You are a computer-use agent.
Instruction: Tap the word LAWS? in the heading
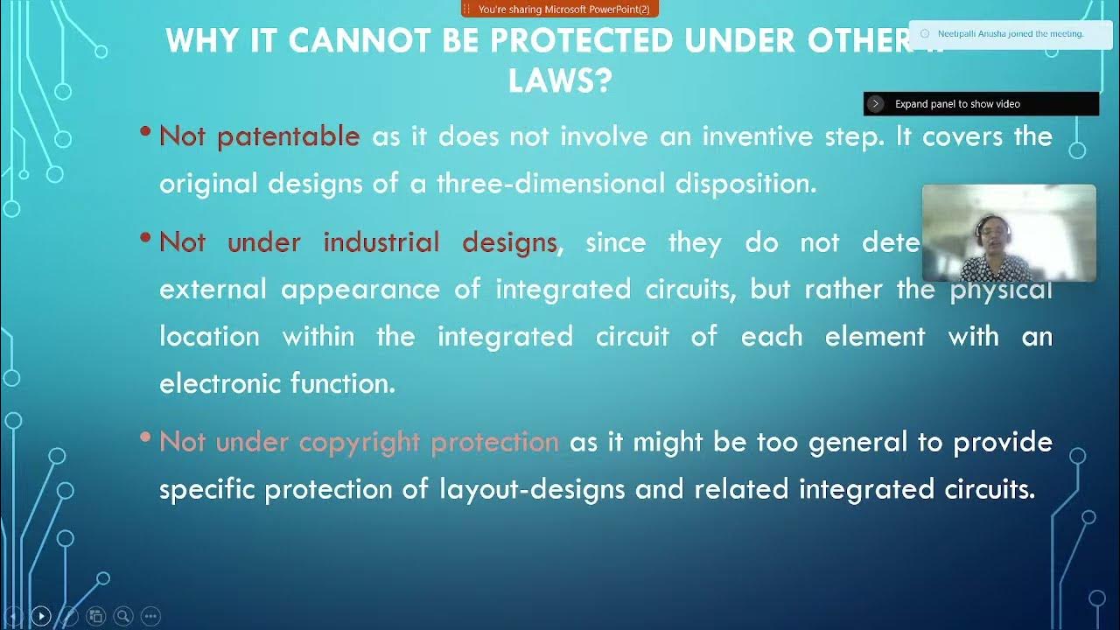pos(560,81)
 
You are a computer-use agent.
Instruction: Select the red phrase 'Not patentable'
pos(260,136)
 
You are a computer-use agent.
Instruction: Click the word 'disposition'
pos(745,184)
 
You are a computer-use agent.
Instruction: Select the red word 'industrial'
pos(381,242)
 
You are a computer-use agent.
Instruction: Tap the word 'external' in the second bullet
pos(213,290)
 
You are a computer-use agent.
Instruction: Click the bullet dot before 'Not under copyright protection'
pos(145,437)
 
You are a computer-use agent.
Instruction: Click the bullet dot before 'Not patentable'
pos(145,132)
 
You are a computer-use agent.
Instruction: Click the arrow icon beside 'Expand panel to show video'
pos(876,104)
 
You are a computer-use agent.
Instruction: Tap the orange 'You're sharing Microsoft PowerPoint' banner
pos(560,9)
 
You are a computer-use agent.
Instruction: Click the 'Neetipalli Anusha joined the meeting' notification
pos(1010,34)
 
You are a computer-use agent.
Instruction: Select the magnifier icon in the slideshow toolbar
pos(123,616)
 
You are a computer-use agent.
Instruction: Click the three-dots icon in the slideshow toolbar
pos(150,616)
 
